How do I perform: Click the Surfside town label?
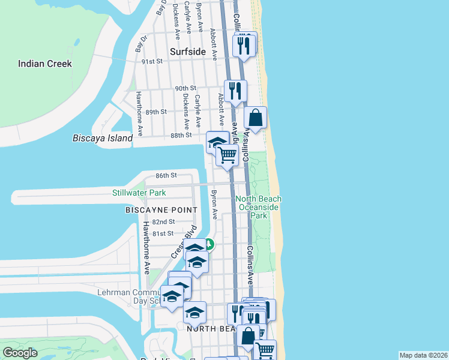[188, 52]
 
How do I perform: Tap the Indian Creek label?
[45, 64]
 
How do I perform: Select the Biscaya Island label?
[102, 138]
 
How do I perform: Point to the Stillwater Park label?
[139, 193]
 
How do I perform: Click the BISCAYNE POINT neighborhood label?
[161, 210]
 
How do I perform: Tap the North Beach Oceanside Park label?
[258, 207]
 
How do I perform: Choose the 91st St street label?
[151, 61]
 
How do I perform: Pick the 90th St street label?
[186, 88]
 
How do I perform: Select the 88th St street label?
[180, 135]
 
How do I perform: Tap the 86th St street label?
[166, 175]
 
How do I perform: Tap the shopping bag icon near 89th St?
[256, 118]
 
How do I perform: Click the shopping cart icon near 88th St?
[228, 155]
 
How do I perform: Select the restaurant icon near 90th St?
[235, 91]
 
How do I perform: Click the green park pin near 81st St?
[208, 244]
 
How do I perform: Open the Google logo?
[20, 353]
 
